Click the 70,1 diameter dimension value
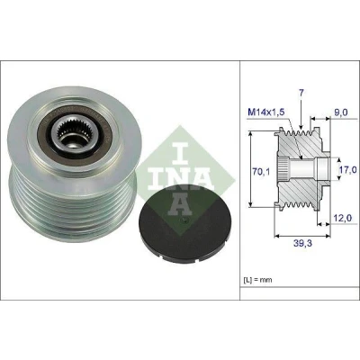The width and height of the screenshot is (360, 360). click(262, 172)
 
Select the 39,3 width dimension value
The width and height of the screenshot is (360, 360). click(303, 243)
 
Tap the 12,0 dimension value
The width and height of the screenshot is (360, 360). click(342, 219)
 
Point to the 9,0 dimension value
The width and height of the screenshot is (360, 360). click(341, 112)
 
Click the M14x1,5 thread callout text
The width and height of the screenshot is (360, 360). click(265, 112)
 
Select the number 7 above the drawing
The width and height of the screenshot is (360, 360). click(301, 93)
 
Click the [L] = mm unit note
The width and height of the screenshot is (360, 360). click(257, 280)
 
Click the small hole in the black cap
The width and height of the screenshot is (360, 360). click(185, 222)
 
